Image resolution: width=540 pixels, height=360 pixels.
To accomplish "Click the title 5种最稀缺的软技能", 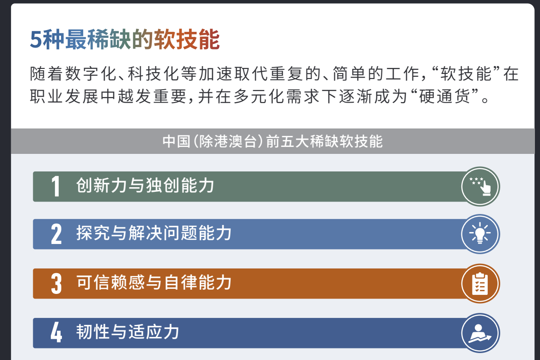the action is (x=125, y=40).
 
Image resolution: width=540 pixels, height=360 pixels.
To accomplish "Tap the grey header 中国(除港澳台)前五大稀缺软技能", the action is (x=272, y=141).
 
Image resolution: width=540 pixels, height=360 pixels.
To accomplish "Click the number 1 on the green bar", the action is (x=55, y=187).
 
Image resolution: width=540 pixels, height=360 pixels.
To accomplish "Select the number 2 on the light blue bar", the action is (x=56, y=234).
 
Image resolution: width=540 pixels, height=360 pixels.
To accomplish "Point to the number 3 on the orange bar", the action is (x=56, y=284).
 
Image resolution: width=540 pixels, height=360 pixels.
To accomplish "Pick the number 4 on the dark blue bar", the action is (x=56, y=333).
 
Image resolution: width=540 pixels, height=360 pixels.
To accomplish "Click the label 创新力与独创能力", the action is (x=145, y=185).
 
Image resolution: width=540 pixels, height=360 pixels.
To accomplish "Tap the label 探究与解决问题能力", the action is (x=153, y=233).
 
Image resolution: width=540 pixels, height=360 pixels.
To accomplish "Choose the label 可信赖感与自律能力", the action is (x=153, y=282).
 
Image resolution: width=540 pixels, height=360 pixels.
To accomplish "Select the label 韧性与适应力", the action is (x=128, y=332).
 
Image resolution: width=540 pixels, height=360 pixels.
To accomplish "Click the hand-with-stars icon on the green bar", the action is (x=480, y=186).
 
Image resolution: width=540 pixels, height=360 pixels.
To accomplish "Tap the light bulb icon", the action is (x=480, y=234).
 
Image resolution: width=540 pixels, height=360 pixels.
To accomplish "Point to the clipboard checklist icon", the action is (x=480, y=284).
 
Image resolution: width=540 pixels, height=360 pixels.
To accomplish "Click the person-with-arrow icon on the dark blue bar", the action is (x=480, y=333).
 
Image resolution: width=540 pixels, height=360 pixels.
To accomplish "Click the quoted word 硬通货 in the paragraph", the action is (x=444, y=97).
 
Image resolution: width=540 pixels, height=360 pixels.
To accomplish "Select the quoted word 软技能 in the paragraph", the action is (x=466, y=74).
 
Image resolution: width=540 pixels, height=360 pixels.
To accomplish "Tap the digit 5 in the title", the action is (x=36, y=40).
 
